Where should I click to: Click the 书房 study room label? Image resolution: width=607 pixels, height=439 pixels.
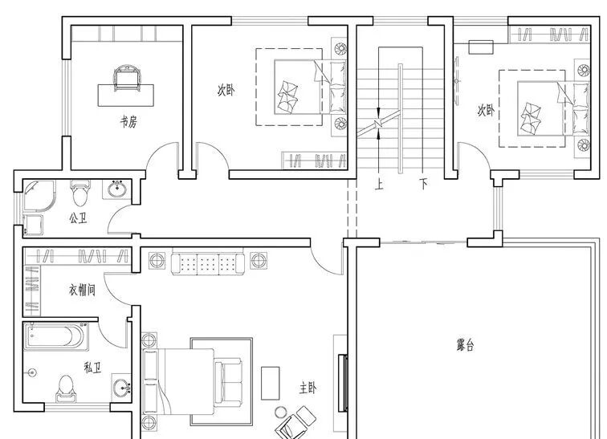128,122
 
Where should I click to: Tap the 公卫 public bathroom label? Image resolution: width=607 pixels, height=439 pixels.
78,218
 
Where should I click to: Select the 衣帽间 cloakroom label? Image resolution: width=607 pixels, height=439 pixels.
82,290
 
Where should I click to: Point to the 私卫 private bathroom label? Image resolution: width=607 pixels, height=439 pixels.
93,368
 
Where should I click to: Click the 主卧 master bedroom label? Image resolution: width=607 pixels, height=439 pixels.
308,388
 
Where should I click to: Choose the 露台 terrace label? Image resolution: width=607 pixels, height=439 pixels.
465,344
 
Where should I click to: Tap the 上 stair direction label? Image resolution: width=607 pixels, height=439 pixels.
379,184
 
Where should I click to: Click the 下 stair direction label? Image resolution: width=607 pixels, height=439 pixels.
424,184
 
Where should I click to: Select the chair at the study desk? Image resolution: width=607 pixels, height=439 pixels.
126,78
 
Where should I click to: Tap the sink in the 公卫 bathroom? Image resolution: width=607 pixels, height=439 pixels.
117,189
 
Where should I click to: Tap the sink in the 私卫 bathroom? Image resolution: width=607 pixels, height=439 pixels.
121,388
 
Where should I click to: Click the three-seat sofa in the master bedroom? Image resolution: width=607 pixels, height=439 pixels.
208,264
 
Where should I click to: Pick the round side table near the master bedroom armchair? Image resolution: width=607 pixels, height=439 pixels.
280,413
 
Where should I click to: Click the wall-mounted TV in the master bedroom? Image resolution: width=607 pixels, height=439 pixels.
342,383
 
